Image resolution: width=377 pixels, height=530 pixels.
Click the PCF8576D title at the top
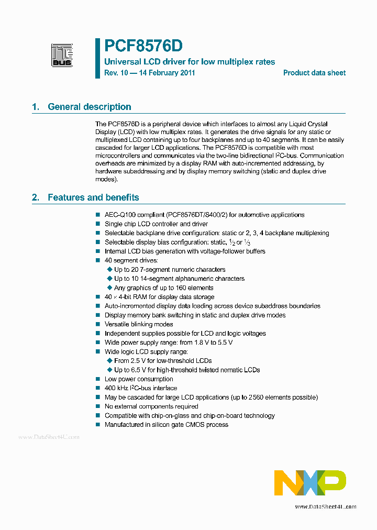[143, 47]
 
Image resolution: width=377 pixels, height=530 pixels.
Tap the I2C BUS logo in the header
[62, 55]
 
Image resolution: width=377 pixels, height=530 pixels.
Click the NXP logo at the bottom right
[310, 482]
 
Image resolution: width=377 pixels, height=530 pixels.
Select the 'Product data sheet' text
[314, 73]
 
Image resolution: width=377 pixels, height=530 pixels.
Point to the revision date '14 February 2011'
[166, 73]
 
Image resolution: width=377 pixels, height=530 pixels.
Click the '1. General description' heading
[82, 107]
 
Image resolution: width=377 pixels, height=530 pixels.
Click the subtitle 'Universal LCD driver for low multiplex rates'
[190, 62]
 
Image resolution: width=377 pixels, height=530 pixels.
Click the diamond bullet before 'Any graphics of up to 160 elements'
[109, 288]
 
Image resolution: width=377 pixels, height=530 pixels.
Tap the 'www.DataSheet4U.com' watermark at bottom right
[325, 506]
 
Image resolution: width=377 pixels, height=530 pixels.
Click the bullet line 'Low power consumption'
[138, 379]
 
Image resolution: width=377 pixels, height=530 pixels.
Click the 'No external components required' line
[151, 406]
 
